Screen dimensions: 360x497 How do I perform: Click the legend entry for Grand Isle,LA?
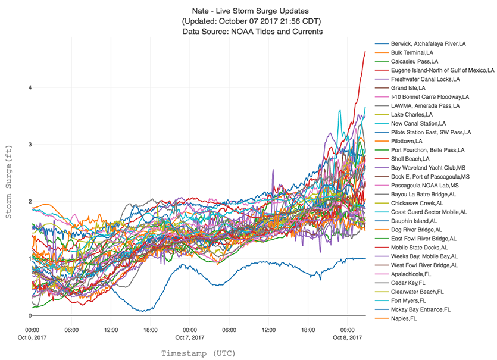[408, 88]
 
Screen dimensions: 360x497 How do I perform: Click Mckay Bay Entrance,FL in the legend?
[421, 309]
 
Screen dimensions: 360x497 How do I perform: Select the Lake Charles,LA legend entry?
[412, 114]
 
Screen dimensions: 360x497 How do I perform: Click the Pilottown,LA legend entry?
[407, 141]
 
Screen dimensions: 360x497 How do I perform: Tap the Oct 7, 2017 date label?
[190, 337]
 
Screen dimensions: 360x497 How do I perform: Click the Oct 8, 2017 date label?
[347, 337]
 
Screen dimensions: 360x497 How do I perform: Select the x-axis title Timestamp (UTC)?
[198, 353]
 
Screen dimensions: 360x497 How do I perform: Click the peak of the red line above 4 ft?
[365, 52]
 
